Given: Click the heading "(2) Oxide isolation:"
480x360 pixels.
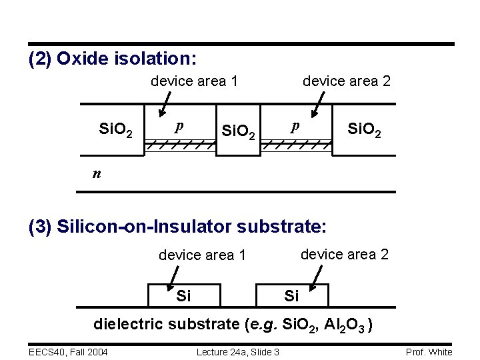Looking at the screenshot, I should pyautogui.click(x=112, y=59).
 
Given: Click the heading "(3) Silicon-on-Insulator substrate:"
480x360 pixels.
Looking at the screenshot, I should pyautogui.click(x=177, y=227).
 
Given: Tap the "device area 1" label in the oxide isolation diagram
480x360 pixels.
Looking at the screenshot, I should pyautogui.click(x=195, y=81).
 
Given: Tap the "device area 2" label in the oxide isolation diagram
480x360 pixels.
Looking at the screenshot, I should pyautogui.click(x=347, y=81).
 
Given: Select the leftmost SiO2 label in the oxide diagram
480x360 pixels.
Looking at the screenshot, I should pyautogui.click(x=115, y=129).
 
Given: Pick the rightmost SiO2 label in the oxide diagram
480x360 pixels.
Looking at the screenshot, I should pyautogui.click(x=365, y=129).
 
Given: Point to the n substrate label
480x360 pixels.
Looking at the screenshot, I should pyautogui.click(x=97, y=173).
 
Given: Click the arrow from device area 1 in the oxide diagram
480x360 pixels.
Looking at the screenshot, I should pyautogui.click(x=162, y=105).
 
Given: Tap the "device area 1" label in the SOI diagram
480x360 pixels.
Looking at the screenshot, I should pyautogui.click(x=202, y=255).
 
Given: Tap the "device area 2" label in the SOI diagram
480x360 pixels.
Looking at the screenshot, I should pyautogui.click(x=345, y=254).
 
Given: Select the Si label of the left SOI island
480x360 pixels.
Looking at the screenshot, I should pyautogui.click(x=183, y=295).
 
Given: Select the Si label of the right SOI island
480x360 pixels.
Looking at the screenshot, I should pyautogui.click(x=292, y=295).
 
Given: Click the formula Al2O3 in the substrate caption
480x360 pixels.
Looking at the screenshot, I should pyautogui.click(x=346, y=325).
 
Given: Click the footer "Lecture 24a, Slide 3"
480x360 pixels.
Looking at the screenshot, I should pyautogui.click(x=238, y=352).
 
